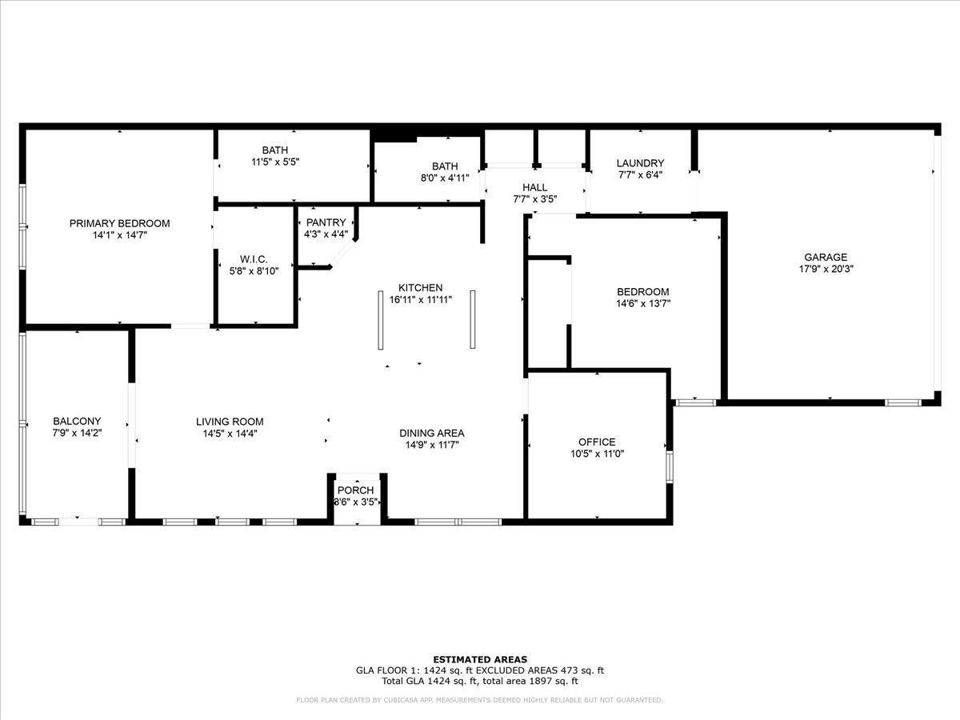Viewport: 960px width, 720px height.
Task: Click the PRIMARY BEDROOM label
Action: [x=119, y=223]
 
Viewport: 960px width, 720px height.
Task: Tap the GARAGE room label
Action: [x=826, y=257]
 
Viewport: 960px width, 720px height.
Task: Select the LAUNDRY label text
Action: [x=640, y=163]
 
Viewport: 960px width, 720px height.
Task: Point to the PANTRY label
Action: [x=326, y=222]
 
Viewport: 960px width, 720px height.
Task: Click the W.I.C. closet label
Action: [x=254, y=259]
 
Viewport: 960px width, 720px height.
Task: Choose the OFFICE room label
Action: [x=597, y=442]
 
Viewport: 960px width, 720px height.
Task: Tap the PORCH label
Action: [x=355, y=490]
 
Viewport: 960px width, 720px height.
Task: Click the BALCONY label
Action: [x=77, y=421]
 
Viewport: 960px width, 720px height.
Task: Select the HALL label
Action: [x=535, y=187]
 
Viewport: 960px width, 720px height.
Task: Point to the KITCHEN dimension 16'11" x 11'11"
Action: [x=420, y=299]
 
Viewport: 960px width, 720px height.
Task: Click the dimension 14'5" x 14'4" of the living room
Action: [x=230, y=434]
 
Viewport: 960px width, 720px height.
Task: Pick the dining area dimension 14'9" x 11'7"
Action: [x=432, y=445]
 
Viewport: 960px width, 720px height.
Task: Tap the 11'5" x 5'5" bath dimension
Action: [x=275, y=162]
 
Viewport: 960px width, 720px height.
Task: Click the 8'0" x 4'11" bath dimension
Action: [x=445, y=178]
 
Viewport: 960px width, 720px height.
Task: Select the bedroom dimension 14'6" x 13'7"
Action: [x=643, y=303]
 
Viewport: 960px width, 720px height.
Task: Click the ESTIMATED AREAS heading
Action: [x=480, y=660]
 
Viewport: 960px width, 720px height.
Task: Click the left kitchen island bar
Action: [x=381, y=320]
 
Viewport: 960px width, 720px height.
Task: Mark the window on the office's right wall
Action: [x=669, y=467]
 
